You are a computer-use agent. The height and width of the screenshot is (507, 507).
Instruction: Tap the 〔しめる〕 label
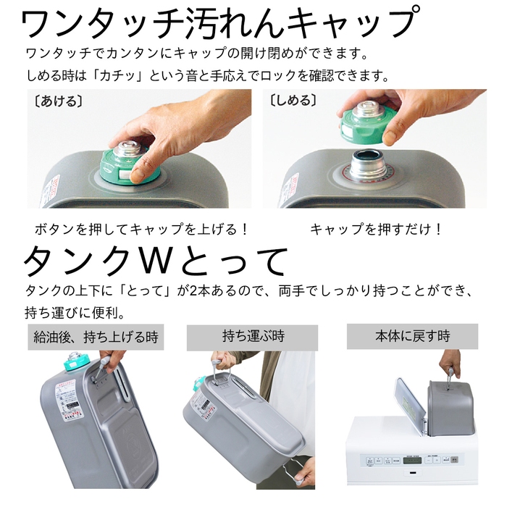pyautogui.click(x=293, y=100)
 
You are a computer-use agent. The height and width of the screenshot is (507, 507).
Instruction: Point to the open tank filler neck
pyautogui.click(x=367, y=164)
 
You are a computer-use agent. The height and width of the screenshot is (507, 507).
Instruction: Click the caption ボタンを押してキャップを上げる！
pyautogui.click(x=143, y=229)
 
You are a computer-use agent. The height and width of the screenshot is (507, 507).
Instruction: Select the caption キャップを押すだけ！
pyautogui.click(x=376, y=229)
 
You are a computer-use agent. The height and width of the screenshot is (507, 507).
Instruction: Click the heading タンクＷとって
pyautogui.click(x=156, y=261)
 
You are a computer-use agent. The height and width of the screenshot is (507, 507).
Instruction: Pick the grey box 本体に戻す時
pyautogui.click(x=412, y=336)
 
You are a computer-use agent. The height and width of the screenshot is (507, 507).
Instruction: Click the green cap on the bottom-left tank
pyautogui.click(x=75, y=362)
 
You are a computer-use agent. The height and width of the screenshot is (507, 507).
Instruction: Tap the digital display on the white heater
pyautogui.click(x=414, y=459)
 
